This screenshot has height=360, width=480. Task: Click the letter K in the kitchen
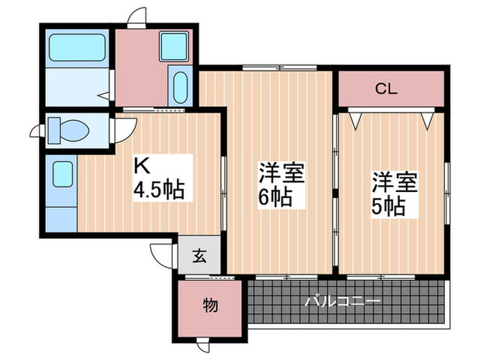140,166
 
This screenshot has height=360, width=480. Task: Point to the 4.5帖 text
158,190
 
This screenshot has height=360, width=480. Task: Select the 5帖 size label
389,204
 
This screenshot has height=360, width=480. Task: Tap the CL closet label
387,88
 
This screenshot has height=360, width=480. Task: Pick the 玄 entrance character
198,258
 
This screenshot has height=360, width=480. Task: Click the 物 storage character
211,305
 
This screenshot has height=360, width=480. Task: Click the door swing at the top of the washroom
138,17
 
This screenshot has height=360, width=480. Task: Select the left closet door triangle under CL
356,119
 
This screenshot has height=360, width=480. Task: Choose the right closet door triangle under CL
428,119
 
